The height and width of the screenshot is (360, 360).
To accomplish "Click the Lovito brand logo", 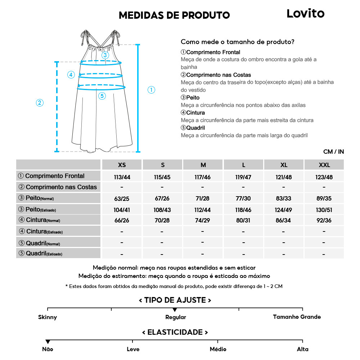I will point(305,14).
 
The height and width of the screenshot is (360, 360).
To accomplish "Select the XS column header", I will point(122,165).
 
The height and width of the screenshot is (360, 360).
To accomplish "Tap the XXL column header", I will point(324,165).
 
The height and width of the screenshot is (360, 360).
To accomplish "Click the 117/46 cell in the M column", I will point(203,177).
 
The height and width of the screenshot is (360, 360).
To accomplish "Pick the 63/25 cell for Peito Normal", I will point(122,199).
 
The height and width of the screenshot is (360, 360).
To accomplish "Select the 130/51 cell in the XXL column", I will point(324,210).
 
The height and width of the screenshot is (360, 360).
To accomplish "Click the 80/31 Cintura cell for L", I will point(244,221).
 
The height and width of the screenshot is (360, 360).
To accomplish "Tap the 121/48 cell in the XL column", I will point(284,177).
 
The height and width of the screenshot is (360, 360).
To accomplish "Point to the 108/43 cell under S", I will point(162,210).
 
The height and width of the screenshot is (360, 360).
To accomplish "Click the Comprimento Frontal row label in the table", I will point(55,176).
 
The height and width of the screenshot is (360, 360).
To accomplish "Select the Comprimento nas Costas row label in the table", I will point(58,187).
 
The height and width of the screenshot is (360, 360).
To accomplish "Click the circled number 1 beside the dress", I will point(152,90).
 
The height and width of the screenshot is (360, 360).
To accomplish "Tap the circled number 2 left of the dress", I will point(40,103).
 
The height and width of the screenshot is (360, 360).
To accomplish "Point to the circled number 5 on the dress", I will point(102,96).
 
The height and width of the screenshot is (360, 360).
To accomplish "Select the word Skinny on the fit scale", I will point(48,317).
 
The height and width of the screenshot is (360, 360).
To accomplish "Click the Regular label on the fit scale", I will point(176,317).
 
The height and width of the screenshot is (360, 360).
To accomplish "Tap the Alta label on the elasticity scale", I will point(303,349).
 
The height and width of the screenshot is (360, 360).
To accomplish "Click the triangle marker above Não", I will point(48,342).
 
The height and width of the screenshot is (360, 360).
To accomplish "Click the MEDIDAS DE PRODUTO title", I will point(174,15).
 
